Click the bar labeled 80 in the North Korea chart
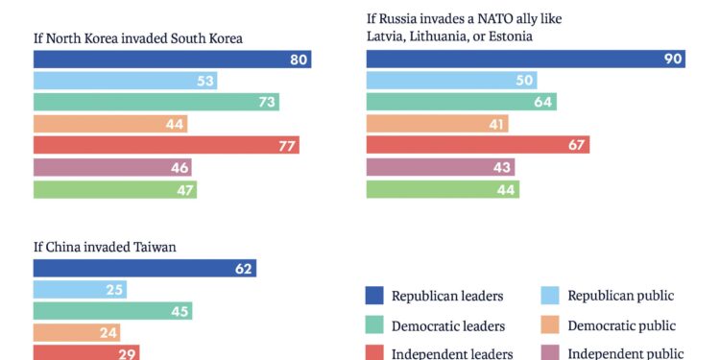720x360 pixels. coord(172,60)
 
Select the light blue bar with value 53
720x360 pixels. coord(125,81)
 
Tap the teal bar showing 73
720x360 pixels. coord(156,102)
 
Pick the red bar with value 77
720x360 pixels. coord(166,145)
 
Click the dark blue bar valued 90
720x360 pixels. coord(526,60)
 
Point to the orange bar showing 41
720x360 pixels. coord(438,124)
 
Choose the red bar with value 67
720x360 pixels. coord(478,145)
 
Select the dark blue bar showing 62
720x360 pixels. coord(144,269)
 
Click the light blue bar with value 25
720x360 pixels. coord(80,290)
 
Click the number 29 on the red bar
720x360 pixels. coord(126,354)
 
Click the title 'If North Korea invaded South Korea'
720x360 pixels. coord(137,38)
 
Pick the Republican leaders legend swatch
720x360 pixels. coord(375,296)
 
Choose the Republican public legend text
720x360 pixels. coord(620,296)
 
